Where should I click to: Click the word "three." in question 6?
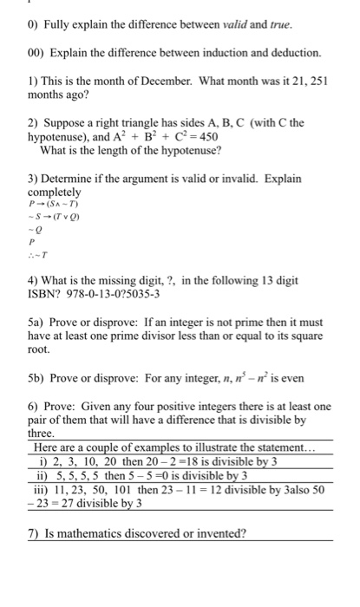coord(41,432)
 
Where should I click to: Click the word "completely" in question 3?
coord(55,191)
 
